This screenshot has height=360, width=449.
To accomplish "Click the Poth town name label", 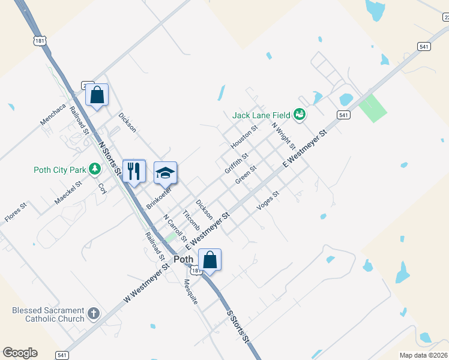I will pos(183,259).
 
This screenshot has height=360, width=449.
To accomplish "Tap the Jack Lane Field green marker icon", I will pos(300,114).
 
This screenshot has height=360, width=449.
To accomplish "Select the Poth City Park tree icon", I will pos(94,170).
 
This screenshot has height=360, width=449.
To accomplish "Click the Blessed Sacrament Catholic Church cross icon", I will pos(93,313).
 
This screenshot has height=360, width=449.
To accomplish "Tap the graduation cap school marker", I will pos(166,173).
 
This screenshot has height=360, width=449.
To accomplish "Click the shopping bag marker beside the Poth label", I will pos(210,260).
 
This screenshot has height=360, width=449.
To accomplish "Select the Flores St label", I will pos(16,213).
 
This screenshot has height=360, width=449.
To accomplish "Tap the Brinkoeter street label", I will pos(159,197).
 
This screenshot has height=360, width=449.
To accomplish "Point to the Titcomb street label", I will pos(191,220).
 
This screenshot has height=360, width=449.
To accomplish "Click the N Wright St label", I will pos(283,136).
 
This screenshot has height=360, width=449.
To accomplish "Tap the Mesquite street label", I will pos(191,292).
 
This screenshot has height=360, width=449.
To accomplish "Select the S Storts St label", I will pos(237,326).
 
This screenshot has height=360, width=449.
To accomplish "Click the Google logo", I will pos(20,353).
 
